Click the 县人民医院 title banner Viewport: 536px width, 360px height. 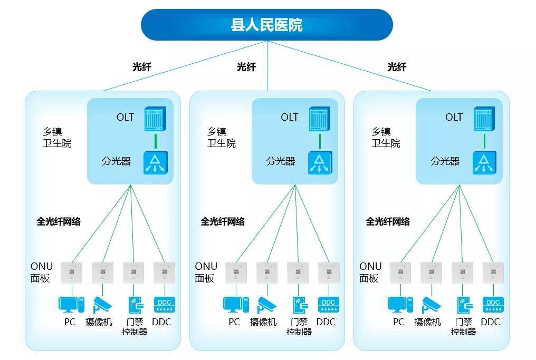pos(266,25)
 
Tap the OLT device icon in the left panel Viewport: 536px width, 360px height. pos(155,119)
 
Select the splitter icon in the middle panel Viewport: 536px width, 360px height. pos(320,162)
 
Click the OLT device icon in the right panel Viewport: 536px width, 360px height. pos(484,119)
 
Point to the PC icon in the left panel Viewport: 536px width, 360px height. pos(71,305)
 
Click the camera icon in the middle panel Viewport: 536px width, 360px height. pos(267,305)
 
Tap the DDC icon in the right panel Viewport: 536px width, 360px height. pos(493,305)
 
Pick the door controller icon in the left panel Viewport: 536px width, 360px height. pos(136,305)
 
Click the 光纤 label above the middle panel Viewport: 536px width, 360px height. pos(246,67)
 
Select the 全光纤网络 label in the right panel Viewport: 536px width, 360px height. pos(388,222)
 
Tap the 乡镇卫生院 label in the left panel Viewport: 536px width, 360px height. pos(57,137)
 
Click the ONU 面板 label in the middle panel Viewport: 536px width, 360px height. pos(206,272)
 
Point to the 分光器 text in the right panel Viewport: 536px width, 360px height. pos(445,161)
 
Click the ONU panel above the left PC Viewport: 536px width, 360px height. pos(72,273)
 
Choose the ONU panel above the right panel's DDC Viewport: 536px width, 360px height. pos(493,273)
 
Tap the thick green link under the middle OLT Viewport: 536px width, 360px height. pos(320,141)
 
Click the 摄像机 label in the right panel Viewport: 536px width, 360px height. pos(427,322)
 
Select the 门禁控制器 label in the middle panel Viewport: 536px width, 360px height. pos(299,327)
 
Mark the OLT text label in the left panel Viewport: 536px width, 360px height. pos(125,118)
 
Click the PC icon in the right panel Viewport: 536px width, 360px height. pos(400,305)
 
